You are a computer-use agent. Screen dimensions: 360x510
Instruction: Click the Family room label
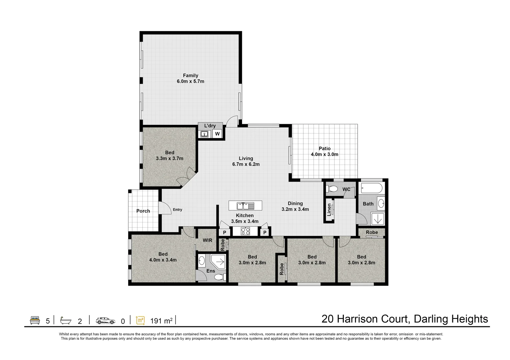(x=190, y=78)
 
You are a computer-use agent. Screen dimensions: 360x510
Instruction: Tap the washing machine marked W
(x=217, y=134)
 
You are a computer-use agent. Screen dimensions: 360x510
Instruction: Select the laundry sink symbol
(x=204, y=134)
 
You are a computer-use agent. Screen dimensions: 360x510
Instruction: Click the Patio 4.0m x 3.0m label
(x=324, y=151)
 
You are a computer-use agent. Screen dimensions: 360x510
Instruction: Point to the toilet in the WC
(x=333, y=189)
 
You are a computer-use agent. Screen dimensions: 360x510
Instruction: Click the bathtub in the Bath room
(x=371, y=189)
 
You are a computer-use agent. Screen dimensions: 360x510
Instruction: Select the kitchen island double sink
(x=245, y=206)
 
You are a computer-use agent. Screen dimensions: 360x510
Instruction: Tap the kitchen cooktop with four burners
(x=245, y=231)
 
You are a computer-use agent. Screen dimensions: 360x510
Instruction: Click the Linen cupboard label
(x=329, y=210)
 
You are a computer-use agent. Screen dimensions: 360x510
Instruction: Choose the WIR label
(x=207, y=240)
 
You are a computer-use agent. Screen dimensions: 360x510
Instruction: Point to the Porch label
(x=143, y=211)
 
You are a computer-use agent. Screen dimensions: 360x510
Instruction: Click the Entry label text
(x=177, y=210)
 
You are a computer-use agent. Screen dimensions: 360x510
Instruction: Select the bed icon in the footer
(x=35, y=320)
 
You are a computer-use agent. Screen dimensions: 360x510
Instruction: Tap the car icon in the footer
(x=105, y=321)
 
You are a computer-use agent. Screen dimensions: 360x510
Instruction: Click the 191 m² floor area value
(x=161, y=321)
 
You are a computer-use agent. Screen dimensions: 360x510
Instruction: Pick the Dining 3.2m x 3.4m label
(x=295, y=206)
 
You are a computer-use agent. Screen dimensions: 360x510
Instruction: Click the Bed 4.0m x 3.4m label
(x=163, y=257)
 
